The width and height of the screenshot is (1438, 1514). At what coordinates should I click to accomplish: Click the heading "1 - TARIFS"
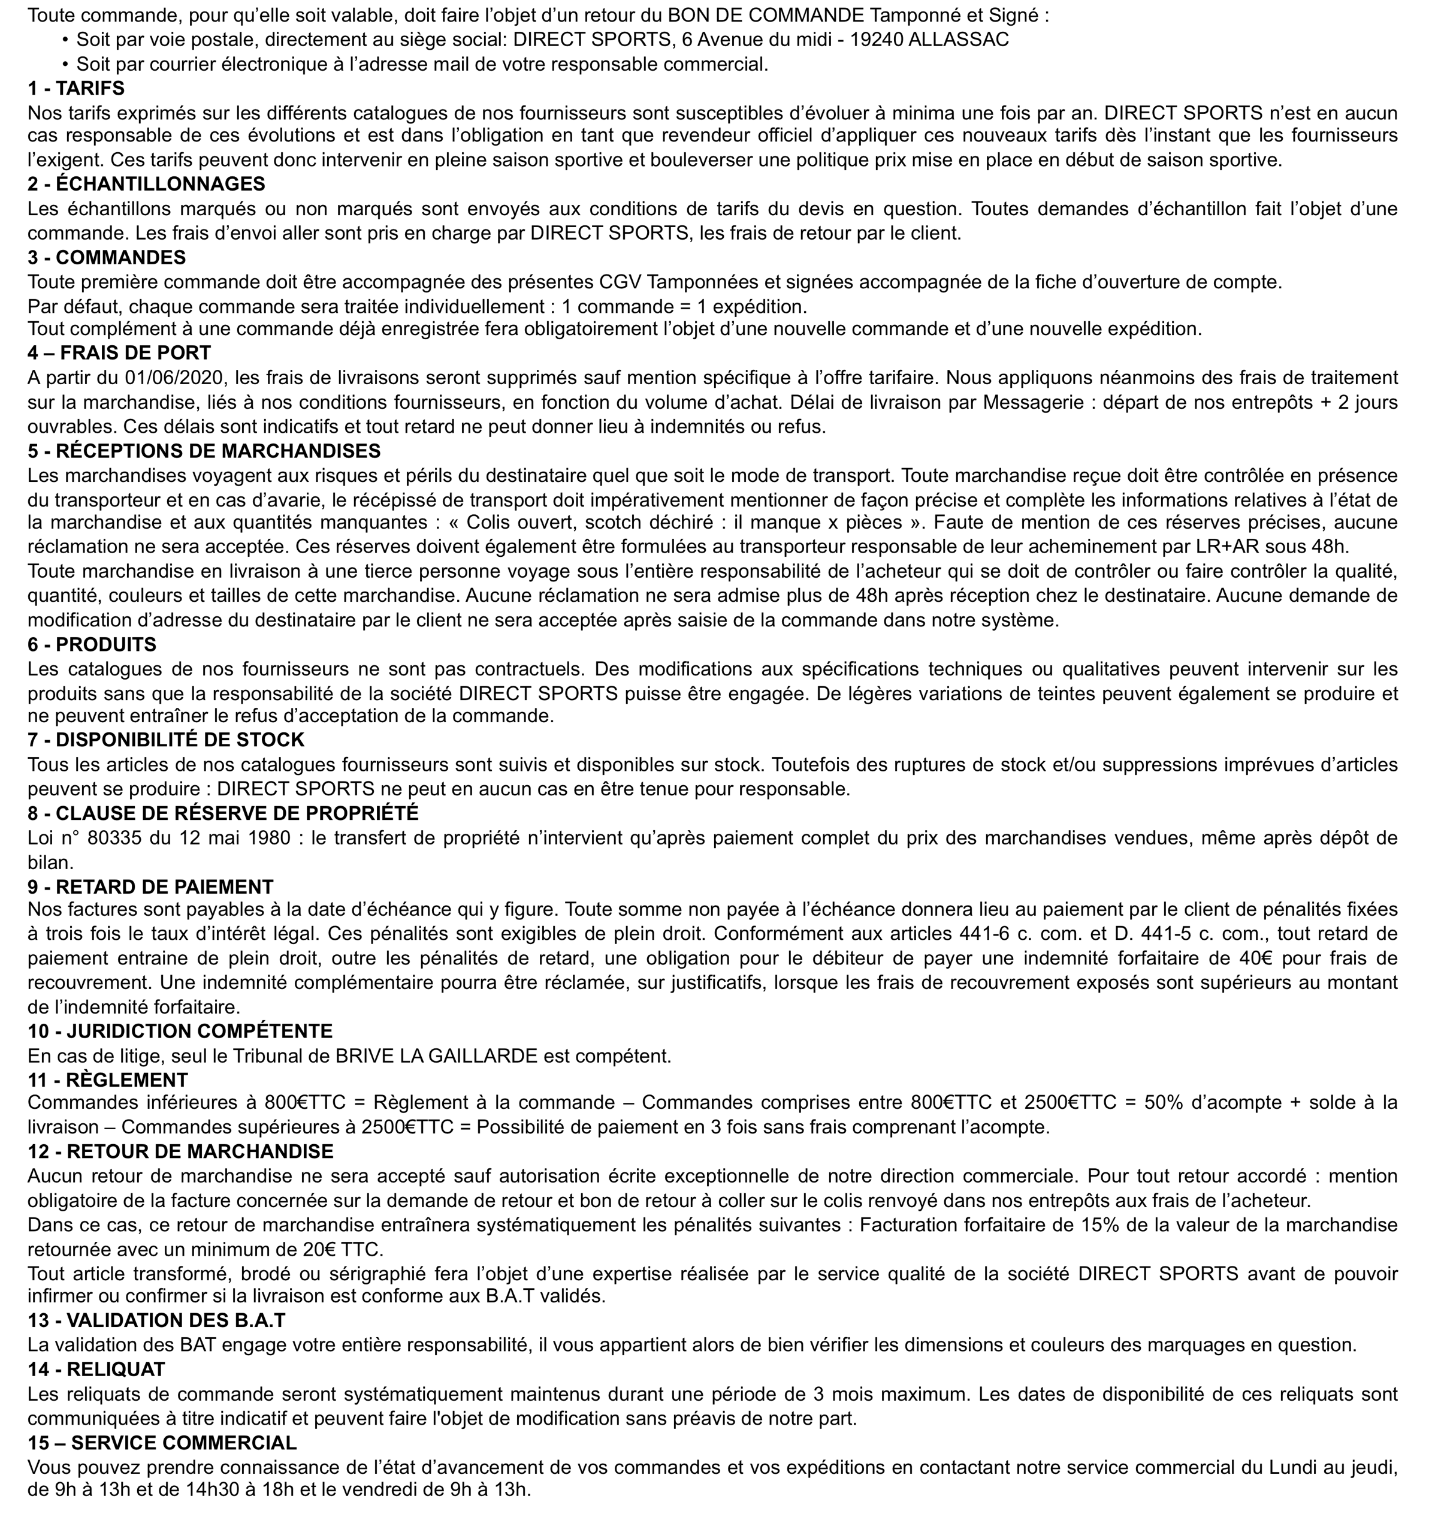pyautogui.click(x=76, y=88)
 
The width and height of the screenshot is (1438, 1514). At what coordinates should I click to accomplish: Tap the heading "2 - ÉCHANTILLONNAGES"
pyautogui.click(x=146, y=184)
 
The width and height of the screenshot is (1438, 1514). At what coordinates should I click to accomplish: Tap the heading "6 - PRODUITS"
pyautogui.click(x=92, y=645)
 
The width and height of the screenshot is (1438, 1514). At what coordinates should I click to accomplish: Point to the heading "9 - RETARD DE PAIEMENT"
pyautogui.click(x=150, y=887)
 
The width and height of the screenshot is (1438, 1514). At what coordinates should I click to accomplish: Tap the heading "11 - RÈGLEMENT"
pyautogui.click(x=107, y=1080)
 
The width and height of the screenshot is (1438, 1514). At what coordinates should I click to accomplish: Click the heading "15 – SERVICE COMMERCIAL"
pyautogui.click(x=162, y=1443)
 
